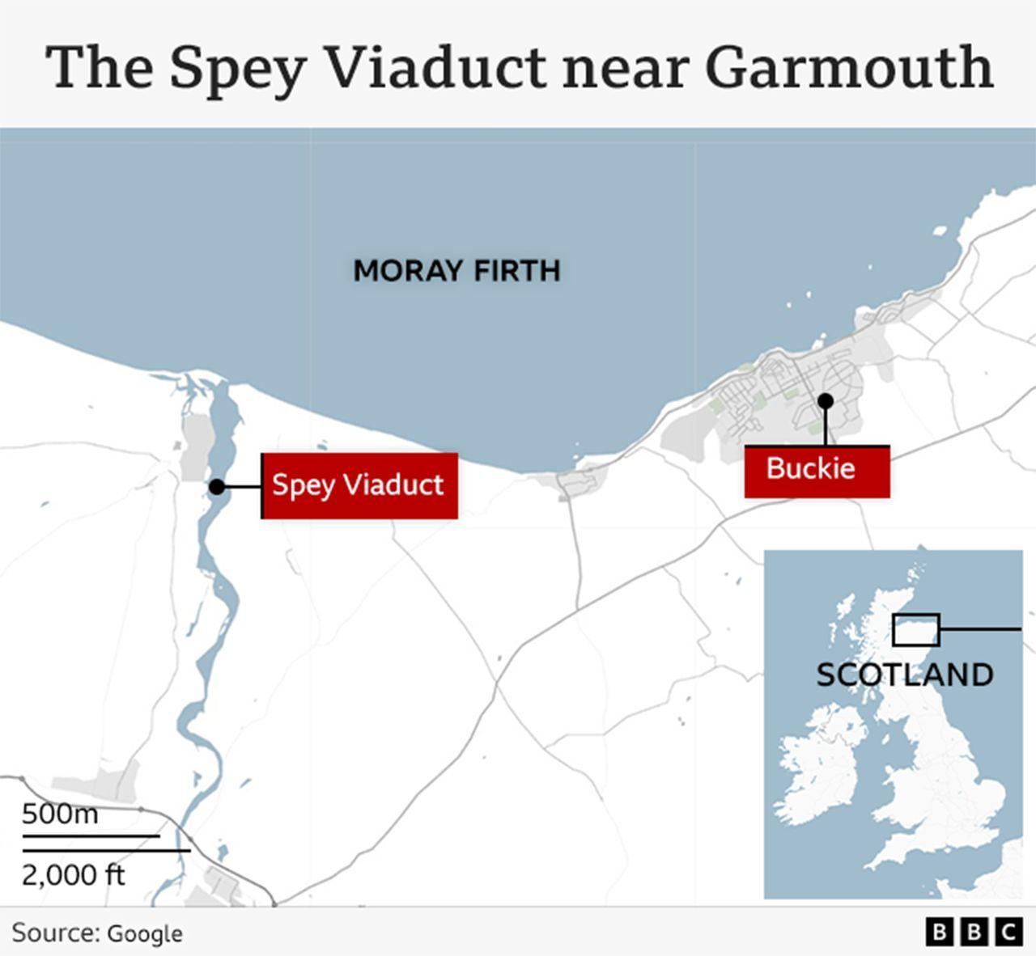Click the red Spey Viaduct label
[x=359, y=485]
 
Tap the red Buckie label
[x=817, y=470]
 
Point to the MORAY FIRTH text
[x=456, y=270]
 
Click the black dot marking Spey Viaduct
[x=217, y=487]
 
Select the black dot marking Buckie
[x=825, y=400]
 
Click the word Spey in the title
[x=237, y=69]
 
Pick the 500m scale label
[x=60, y=814]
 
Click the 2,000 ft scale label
[x=73, y=874]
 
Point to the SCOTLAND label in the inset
[x=904, y=675]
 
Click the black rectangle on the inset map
[x=915, y=629]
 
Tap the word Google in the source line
[x=145, y=933]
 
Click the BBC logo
[x=974, y=933]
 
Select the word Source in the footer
[x=53, y=933]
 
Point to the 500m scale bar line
[x=91, y=835]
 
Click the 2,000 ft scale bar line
[x=106, y=851]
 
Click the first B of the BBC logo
[x=939, y=933]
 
